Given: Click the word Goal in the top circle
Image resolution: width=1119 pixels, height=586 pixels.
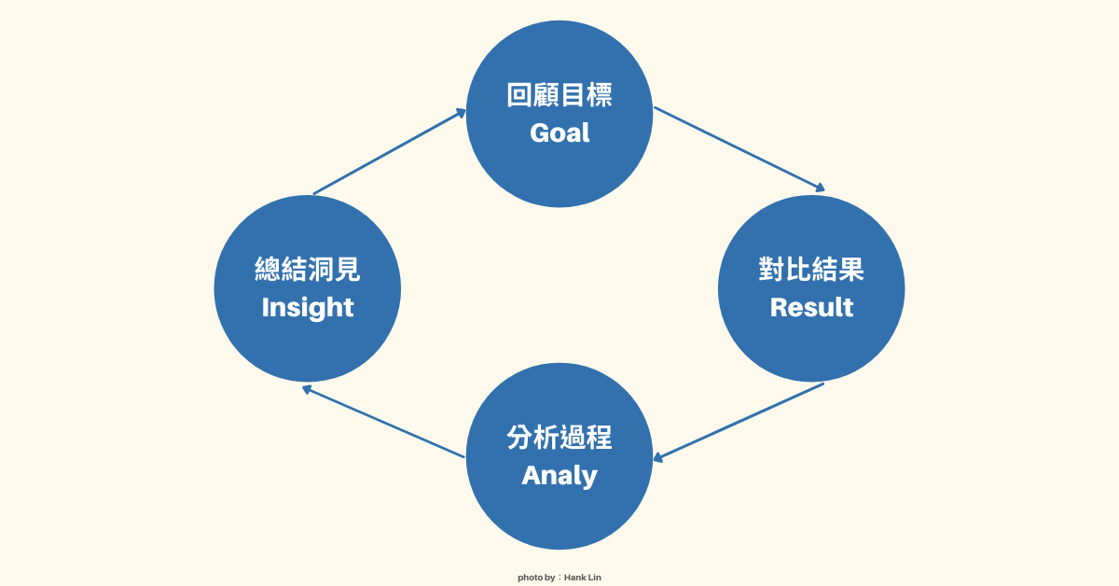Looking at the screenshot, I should click(559, 133).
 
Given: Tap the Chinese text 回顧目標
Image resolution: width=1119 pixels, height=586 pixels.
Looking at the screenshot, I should click(559, 95).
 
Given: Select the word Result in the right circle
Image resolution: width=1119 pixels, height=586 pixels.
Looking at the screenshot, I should click(811, 307).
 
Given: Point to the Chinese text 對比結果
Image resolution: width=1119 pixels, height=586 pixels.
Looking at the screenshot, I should click(811, 270).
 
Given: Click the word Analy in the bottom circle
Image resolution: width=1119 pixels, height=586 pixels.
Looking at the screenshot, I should click(559, 475).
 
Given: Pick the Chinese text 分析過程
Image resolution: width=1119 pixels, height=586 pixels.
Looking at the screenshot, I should click(559, 438).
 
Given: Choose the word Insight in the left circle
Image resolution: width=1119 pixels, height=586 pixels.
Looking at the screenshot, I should click(308, 307).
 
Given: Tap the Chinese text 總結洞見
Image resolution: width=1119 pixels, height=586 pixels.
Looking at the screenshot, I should click(308, 270).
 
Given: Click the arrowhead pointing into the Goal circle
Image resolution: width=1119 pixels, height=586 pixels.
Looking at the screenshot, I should click(461, 112).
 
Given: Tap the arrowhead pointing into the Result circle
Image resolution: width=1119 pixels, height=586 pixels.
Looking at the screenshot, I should click(820, 188).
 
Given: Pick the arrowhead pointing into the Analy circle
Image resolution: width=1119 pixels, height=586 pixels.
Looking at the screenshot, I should click(658, 457).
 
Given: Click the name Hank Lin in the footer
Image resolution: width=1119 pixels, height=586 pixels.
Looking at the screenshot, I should click(583, 578).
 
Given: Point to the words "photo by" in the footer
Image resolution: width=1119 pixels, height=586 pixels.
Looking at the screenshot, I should click(536, 578).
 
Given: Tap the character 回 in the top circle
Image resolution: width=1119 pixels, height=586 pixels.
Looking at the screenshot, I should click(519, 95).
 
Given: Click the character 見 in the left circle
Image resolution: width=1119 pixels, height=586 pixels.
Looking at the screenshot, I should click(347, 270).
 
